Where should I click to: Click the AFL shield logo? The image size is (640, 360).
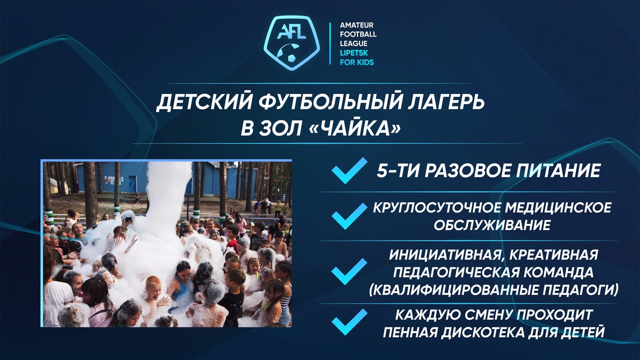click(291, 43)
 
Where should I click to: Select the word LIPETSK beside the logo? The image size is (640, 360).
click(353, 53)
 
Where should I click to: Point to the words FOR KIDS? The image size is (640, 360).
click(356, 62)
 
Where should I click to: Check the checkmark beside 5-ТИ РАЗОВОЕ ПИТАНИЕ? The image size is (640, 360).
click(349, 170)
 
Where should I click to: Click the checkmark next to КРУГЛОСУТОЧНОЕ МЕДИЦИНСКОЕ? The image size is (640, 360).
click(349, 216)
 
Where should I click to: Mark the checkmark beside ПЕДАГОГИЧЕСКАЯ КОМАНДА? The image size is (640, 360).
click(349, 271)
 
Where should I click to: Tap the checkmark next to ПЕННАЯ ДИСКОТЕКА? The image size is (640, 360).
click(349, 321)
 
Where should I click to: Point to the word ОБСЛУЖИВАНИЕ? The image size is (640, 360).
click(492, 225)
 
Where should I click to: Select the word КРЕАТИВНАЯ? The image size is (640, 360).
click(553, 254)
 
